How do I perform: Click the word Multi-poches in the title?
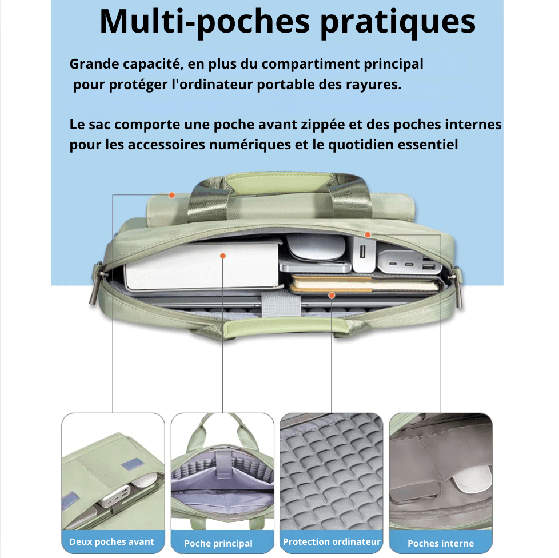(x=204, y=22)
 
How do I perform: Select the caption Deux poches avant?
(x=111, y=541)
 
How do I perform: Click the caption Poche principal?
(x=218, y=543)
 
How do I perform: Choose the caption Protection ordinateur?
(x=332, y=541)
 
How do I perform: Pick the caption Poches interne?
(x=441, y=543)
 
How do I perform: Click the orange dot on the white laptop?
(x=223, y=256)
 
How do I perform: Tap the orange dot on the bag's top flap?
(x=172, y=195)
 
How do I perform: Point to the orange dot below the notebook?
(x=332, y=295)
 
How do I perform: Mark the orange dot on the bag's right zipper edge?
(x=368, y=234)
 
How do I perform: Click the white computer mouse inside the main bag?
(x=316, y=247)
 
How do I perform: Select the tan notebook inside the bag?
(x=365, y=284)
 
